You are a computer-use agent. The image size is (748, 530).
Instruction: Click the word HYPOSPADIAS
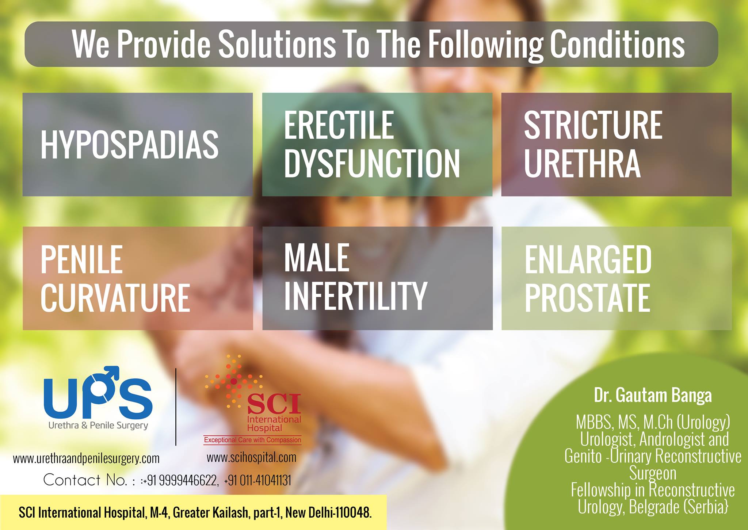(x=130, y=145)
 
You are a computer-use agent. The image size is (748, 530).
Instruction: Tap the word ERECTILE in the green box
(x=339, y=125)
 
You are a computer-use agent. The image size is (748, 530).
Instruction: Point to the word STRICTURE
(x=593, y=125)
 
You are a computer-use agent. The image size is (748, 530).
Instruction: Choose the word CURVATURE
(x=115, y=297)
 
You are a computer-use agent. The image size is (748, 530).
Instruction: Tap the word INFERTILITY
(x=355, y=295)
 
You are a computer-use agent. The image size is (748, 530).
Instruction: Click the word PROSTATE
(x=587, y=297)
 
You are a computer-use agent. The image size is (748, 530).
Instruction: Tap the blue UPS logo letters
(x=98, y=394)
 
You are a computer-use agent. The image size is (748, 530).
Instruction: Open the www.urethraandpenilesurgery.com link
(x=86, y=458)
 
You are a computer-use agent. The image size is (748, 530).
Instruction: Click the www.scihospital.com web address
(x=252, y=457)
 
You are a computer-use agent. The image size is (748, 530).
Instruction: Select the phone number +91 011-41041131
(x=258, y=480)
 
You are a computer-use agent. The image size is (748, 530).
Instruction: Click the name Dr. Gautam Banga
(x=653, y=396)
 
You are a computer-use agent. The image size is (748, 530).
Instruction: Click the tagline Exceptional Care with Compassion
(x=252, y=440)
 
